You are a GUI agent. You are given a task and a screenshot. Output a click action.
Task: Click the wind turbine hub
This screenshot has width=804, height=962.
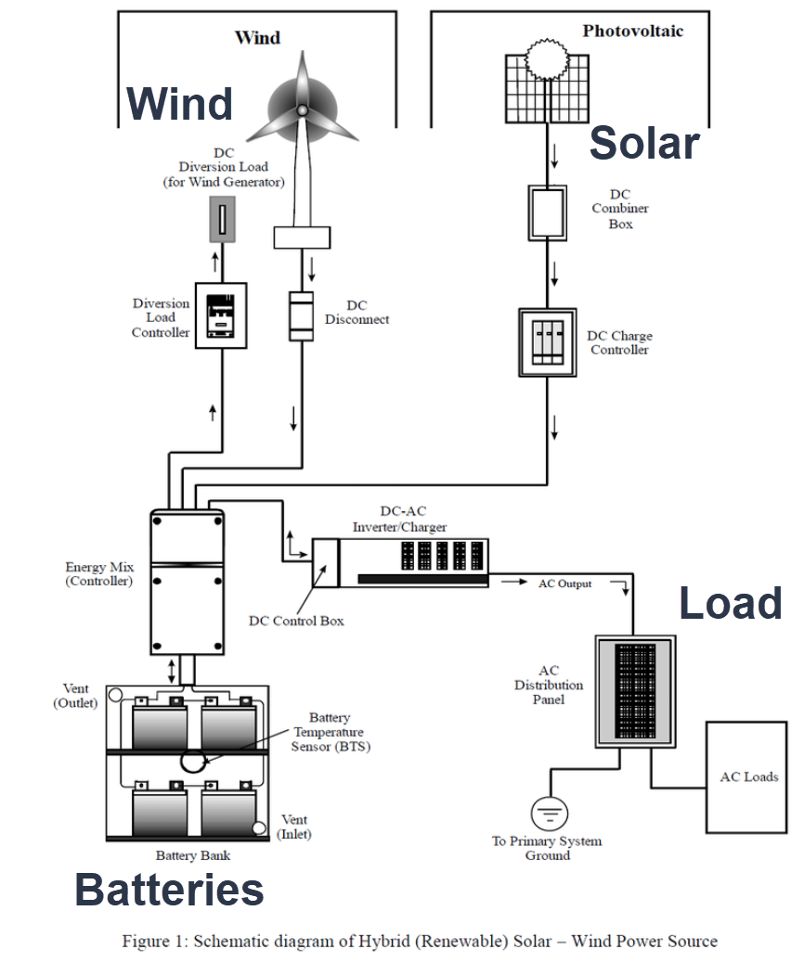tap(302, 109)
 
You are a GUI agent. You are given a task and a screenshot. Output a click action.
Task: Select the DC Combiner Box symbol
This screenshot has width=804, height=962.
tap(547, 213)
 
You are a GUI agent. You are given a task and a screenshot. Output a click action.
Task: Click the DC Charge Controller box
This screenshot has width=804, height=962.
tap(547, 342)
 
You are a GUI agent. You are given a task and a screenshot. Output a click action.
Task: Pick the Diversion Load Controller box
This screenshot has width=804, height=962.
tap(221, 315)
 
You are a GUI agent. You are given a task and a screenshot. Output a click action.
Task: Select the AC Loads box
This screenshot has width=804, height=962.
tap(748, 776)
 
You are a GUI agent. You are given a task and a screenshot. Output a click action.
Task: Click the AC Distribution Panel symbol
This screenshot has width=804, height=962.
tap(635, 692)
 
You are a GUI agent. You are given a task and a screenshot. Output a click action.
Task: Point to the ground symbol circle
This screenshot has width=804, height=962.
tap(549, 814)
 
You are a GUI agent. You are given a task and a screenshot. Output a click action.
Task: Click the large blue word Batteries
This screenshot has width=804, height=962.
tap(169, 890)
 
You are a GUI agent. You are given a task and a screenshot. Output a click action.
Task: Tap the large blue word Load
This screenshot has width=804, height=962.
tap(730, 603)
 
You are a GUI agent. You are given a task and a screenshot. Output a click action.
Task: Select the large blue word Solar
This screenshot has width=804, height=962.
tap(643, 143)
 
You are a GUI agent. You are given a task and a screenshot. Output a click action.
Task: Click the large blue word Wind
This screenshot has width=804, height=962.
tap(179, 103)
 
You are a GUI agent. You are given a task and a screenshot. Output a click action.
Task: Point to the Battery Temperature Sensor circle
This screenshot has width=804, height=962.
tap(195, 761)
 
